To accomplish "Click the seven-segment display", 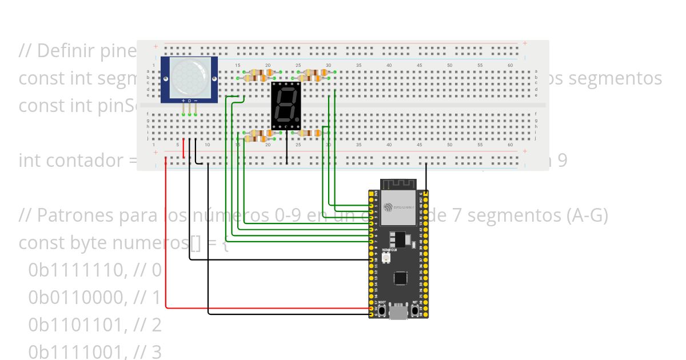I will click(x=285, y=106).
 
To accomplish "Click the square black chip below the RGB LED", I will click(x=398, y=278).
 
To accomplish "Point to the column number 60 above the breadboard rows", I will click(x=510, y=66).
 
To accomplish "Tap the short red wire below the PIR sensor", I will click(x=184, y=149).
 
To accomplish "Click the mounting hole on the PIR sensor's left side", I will click(x=166, y=78).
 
